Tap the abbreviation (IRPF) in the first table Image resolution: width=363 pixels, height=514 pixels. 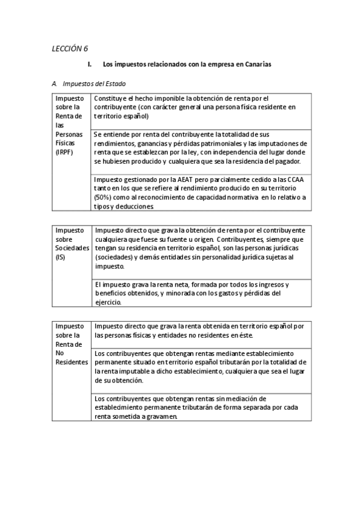(x=64, y=152)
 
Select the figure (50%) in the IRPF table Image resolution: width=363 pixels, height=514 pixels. (x=104, y=198)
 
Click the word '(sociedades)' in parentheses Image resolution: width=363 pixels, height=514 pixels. (x=113, y=257)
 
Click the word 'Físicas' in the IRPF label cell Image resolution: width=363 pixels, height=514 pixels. (x=65, y=142)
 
